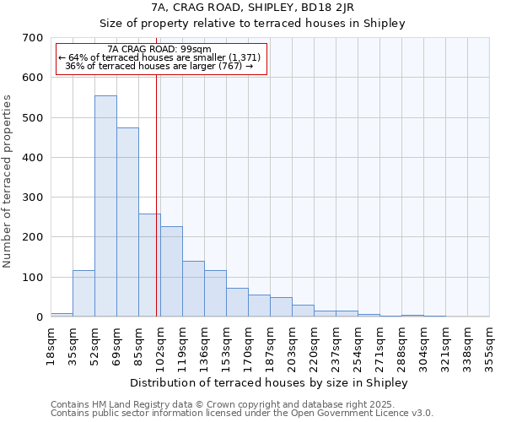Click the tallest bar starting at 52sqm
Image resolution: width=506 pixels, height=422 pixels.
click(x=105, y=206)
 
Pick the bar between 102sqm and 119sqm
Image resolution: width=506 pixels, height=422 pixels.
click(x=171, y=271)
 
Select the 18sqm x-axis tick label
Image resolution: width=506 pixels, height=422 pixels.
click(x=51, y=344)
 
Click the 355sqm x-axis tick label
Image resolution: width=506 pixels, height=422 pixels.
click(x=489, y=346)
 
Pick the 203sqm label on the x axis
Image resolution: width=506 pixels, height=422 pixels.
click(x=292, y=346)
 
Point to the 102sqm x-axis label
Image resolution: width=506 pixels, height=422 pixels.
click(x=160, y=346)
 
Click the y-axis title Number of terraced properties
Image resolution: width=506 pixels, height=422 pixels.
click(x=8, y=181)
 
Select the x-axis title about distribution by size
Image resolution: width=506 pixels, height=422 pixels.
click(x=270, y=382)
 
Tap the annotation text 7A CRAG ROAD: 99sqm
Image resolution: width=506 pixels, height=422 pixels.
click(x=160, y=49)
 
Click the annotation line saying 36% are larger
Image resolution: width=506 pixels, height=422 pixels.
click(x=160, y=66)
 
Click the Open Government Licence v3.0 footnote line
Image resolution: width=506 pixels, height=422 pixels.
click(x=242, y=414)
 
